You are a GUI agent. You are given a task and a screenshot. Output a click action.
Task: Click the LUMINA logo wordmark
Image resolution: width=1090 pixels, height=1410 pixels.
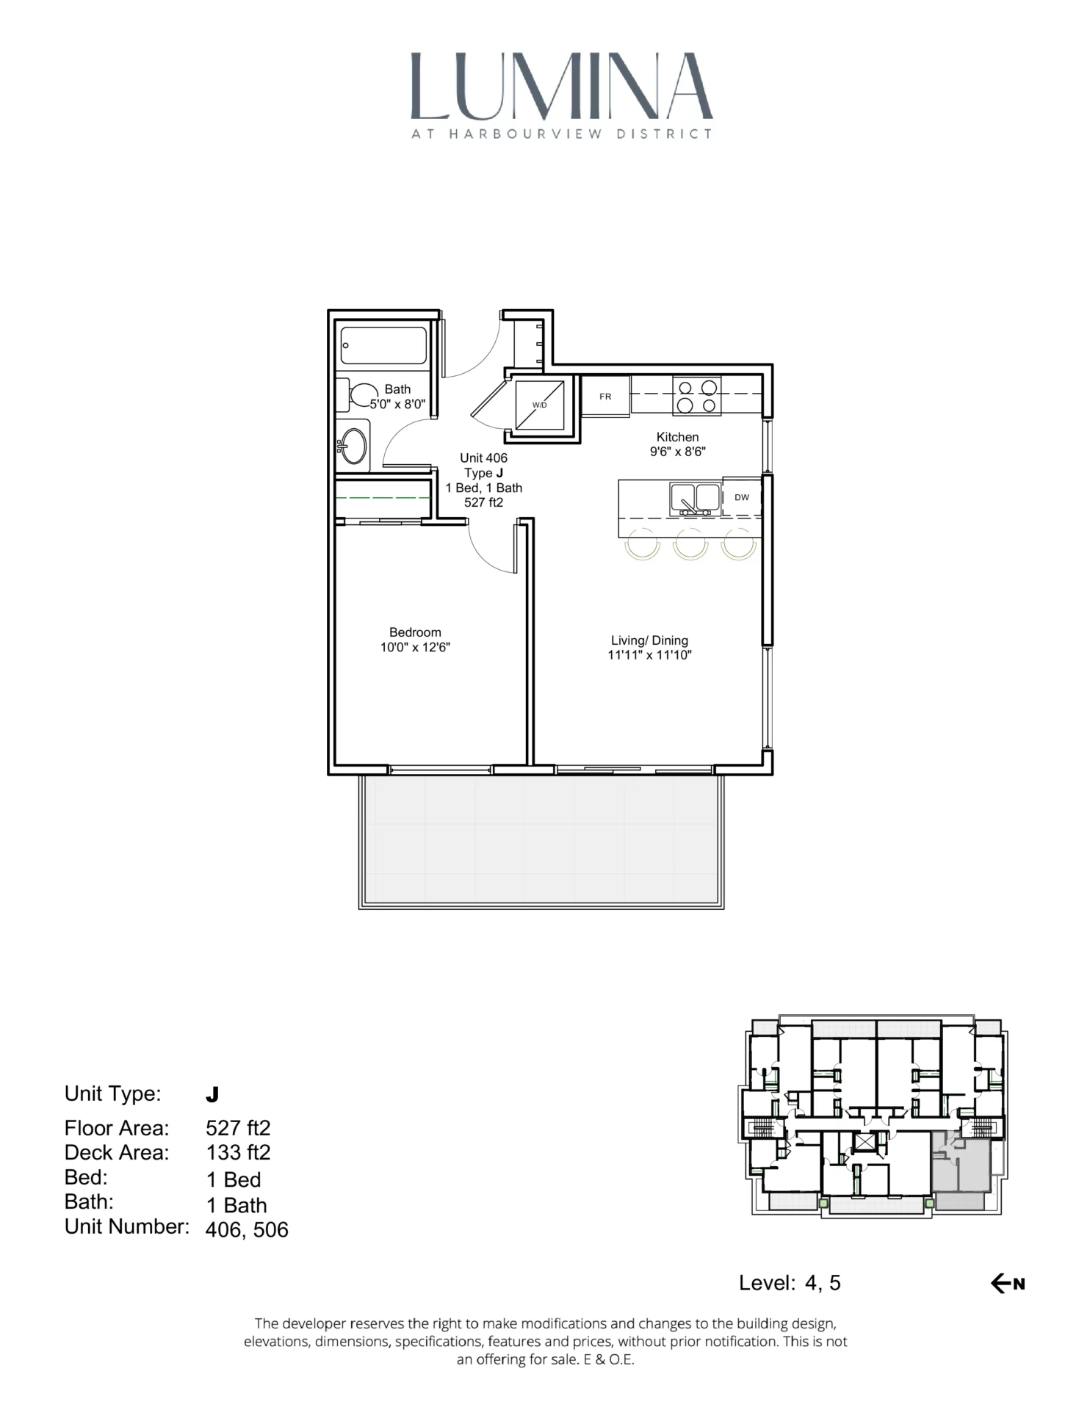561,87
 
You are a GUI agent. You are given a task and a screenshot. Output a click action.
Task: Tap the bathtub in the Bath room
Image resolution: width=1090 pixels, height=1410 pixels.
383,345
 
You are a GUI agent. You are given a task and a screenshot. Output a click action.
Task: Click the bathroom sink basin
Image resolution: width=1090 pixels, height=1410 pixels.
354,446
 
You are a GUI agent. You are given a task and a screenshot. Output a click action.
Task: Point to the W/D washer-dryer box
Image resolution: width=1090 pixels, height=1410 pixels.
540,405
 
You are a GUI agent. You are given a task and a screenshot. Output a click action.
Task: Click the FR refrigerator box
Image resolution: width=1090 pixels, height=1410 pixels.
605,397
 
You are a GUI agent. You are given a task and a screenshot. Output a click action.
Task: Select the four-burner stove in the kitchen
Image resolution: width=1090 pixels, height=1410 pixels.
696,396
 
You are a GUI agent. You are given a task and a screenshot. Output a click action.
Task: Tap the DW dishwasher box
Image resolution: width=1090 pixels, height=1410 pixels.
741,497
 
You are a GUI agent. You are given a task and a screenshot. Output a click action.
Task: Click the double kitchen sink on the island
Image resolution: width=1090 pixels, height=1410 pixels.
694,498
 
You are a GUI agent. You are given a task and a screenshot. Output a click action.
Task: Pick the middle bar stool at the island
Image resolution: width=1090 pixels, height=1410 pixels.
690,544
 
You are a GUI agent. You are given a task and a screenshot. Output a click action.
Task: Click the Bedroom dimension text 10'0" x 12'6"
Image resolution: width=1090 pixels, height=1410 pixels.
415,648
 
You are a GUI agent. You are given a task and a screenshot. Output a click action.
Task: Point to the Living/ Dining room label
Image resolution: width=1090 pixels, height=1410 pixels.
649,640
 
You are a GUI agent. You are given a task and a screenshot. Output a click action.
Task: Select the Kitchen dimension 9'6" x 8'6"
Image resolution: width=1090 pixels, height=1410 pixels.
677,452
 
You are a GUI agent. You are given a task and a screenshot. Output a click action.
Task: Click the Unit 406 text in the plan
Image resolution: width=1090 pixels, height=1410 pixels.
483,458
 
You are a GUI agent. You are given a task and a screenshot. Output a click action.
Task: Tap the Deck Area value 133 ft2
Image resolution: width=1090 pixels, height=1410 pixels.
238,1152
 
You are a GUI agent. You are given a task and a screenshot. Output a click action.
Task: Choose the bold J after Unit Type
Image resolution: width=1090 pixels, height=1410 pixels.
212,1095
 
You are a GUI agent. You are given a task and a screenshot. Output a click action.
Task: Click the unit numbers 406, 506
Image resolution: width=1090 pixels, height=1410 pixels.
247,1230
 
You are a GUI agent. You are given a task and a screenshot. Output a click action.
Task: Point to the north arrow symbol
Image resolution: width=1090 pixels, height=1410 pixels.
1007,1284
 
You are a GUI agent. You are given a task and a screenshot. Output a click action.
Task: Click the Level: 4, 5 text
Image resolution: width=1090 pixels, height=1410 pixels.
790,1283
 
